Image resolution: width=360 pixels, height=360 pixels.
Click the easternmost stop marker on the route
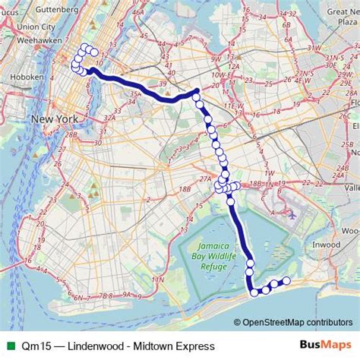(286, 281)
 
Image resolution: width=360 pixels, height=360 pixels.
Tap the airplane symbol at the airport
(292, 215)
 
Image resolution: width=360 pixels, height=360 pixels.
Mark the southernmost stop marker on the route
(255, 292)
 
